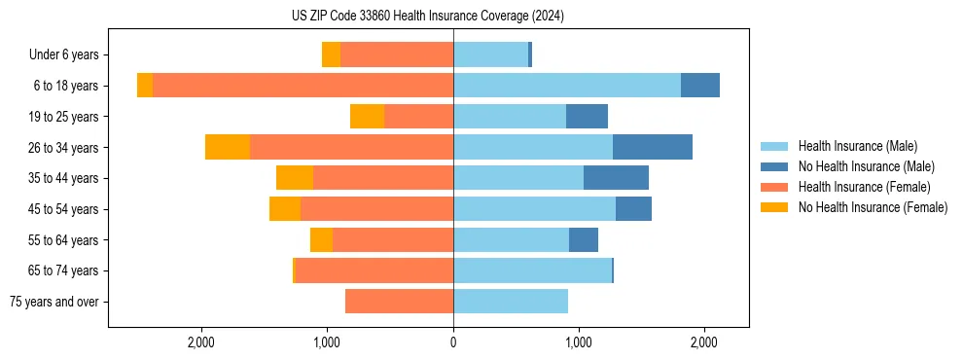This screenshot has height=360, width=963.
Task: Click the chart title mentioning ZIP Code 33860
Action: point(428,17)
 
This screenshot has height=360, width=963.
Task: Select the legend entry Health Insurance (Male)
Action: point(856,146)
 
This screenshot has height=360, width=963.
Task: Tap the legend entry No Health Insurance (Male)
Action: point(866,166)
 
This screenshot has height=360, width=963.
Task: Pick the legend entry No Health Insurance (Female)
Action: point(873,207)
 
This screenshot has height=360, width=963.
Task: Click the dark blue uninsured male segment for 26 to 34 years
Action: point(652,147)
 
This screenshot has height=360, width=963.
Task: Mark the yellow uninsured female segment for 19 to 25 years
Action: point(367,117)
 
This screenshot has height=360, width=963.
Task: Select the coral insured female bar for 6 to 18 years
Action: point(303,86)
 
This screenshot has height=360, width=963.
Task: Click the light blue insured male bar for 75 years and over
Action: point(511,302)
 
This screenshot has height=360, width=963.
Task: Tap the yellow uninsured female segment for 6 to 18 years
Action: point(145,86)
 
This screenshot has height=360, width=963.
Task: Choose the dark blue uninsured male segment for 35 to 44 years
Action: point(616,178)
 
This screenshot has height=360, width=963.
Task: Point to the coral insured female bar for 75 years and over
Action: point(399,302)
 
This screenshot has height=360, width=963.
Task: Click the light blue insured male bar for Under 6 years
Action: point(490,55)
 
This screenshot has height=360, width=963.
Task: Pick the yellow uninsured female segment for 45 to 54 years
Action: point(285,209)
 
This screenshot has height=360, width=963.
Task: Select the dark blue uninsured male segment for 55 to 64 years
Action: point(584,239)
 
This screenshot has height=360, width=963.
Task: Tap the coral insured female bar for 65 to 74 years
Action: point(374,270)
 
